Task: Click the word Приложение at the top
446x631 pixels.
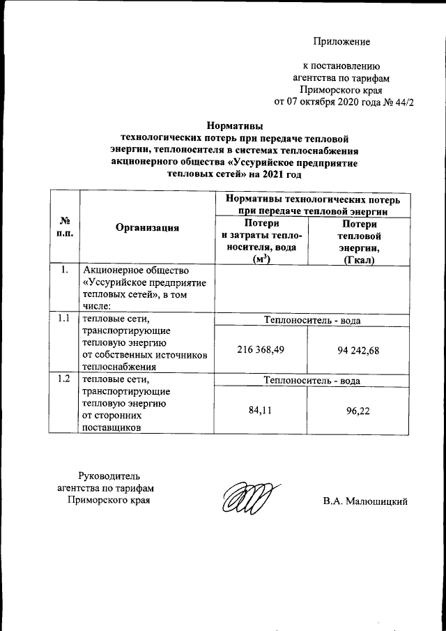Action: pyautogui.click(x=341, y=42)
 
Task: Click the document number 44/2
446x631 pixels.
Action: pyautogui.click(x=403, y=102)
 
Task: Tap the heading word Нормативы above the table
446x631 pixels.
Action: pyautogui.click(x=234, y=126)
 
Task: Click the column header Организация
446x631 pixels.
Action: pyautogui.click(x=148, y=227)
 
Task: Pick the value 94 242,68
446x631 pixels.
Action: pyautogui.click(x=355, y=350)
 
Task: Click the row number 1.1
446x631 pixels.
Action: pyautogui.click(x=64, y=319)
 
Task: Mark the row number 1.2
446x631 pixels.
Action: pyautogui.click(x=64, y=379)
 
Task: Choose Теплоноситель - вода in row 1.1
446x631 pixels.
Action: pyautogui.click(x=312, y=320)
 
